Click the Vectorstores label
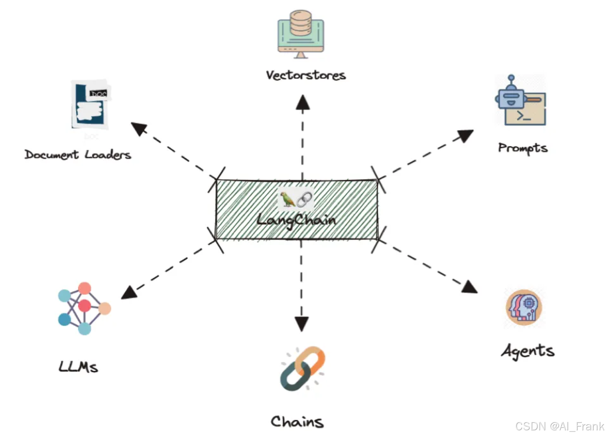click(x=306, y=75)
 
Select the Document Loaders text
click(x=78, y=155)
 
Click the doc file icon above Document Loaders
click(x=90, y=104)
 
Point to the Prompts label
click(x=523, y=148)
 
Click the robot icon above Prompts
click(x=520, y=101)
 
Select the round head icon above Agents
click(x=524, y=307)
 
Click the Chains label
click(x=297, y=422)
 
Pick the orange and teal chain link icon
click(x=302, y=369)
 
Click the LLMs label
click(x=78, y=367)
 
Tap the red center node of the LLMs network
click(x=84, y=306)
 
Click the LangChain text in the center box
click(x=296, y=220)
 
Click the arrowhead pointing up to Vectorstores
click(x=303, y=103)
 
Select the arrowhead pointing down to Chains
click(x=301, y=324)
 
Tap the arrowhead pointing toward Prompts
click(x=465, y=136)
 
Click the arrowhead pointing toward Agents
click(x=469, y=287)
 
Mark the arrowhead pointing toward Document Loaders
click(x=139, y=128)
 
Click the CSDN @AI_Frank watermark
click(x=559, y=426)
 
